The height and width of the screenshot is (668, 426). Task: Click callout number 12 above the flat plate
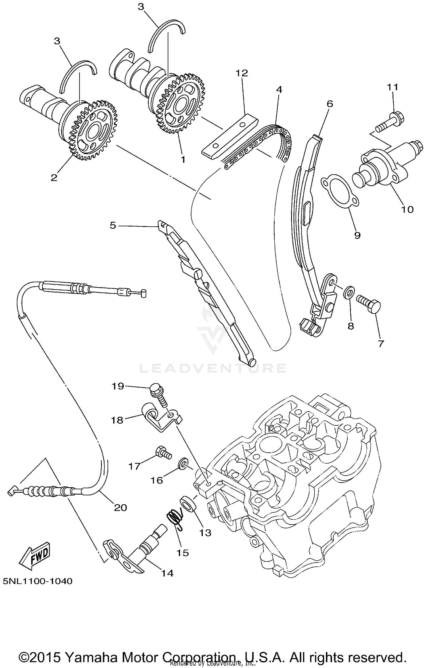[x=242, y=73]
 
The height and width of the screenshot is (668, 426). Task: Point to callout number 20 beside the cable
[x=120, y=507]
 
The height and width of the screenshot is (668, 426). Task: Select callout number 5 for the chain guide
[x=113, y=226]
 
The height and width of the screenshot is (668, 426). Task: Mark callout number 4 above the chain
[x=279, y=90]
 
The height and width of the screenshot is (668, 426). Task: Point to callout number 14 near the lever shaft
[x=167, y=573]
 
